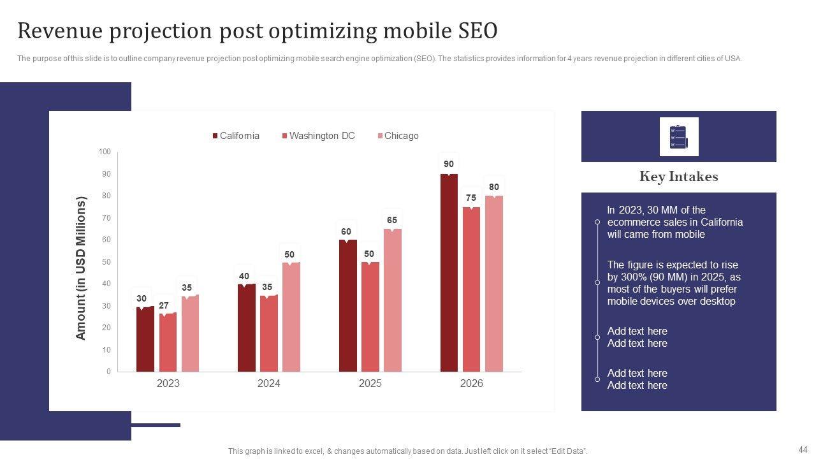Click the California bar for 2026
click(449, 273)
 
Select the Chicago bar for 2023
click(190, 333)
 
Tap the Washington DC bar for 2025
click(370, 316)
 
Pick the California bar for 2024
click(246, 328)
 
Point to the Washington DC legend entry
click(318, 136)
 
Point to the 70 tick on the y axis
click(105, 218)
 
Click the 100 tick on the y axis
click(105, 152)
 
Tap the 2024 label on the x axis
click(268, 383)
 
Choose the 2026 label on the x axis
click(471, 383)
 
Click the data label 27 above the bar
click(164, 306)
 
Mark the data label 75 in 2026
click(471, 198)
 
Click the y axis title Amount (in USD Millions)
click(81, 268)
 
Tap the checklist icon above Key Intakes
click(679, 136)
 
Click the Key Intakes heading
click(678, 177)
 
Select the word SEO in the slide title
click(477, 31)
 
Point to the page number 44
click(803, 449)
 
